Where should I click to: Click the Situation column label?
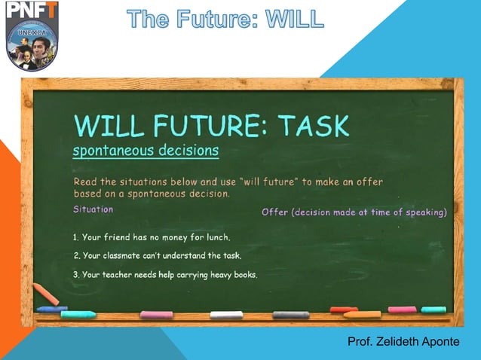93,209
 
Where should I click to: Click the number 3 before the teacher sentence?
75,274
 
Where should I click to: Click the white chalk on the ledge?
226,314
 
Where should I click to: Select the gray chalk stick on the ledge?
290,314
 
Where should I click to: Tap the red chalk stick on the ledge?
343,309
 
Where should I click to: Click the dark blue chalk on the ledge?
51,309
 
